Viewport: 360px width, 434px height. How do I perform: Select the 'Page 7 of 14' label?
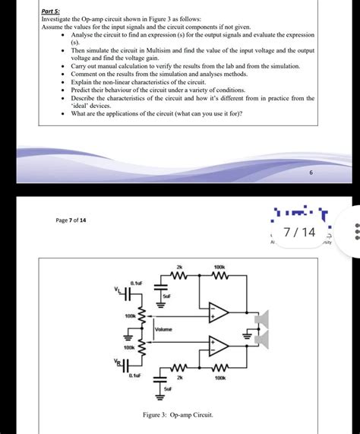(x=71, y=220)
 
